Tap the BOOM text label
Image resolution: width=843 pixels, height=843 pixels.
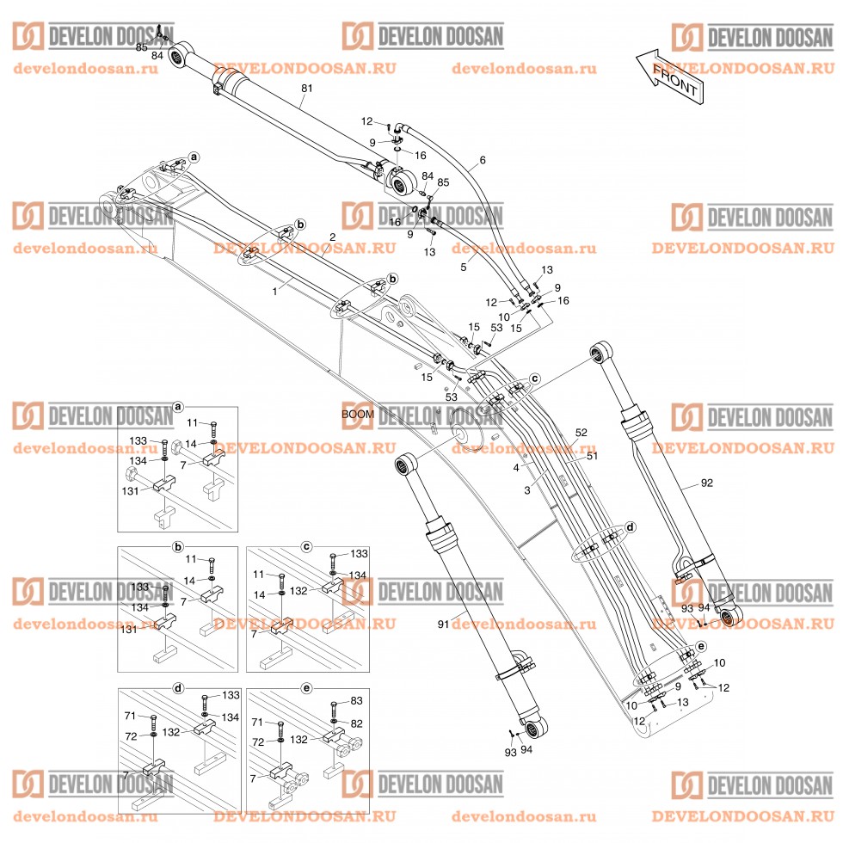[357, 414]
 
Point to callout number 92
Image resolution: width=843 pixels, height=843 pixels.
[706, 483]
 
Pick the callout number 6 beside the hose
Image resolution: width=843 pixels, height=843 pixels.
[483, 160]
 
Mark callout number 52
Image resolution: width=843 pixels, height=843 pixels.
[581, 432]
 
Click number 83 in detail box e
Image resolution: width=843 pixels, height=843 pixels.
[356, 704]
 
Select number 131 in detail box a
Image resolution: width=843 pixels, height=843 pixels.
[130, 491]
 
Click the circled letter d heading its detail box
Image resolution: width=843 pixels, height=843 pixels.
[178, 688]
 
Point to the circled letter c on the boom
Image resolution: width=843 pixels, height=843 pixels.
[534, 378]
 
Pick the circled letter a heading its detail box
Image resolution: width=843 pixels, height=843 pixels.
[178, 406]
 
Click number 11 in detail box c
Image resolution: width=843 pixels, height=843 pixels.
[259, 574]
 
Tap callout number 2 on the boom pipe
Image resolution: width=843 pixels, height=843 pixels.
[333, 237]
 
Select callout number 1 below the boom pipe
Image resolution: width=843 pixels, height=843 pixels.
[275, 292]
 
